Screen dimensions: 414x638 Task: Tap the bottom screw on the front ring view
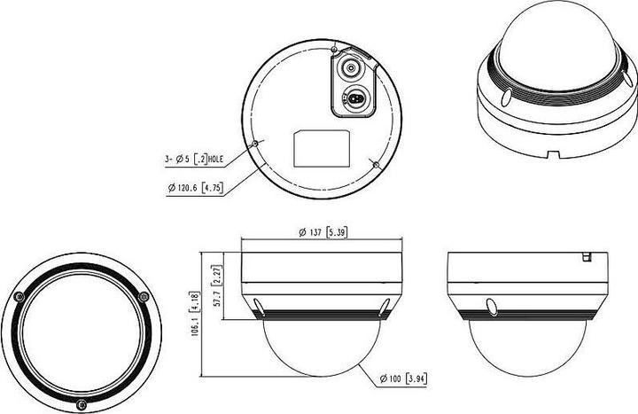[x=82, y=406]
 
